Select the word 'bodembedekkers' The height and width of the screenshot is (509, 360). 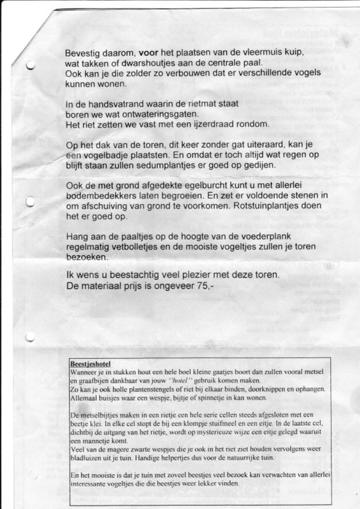100,196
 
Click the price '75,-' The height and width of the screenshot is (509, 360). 198,286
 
